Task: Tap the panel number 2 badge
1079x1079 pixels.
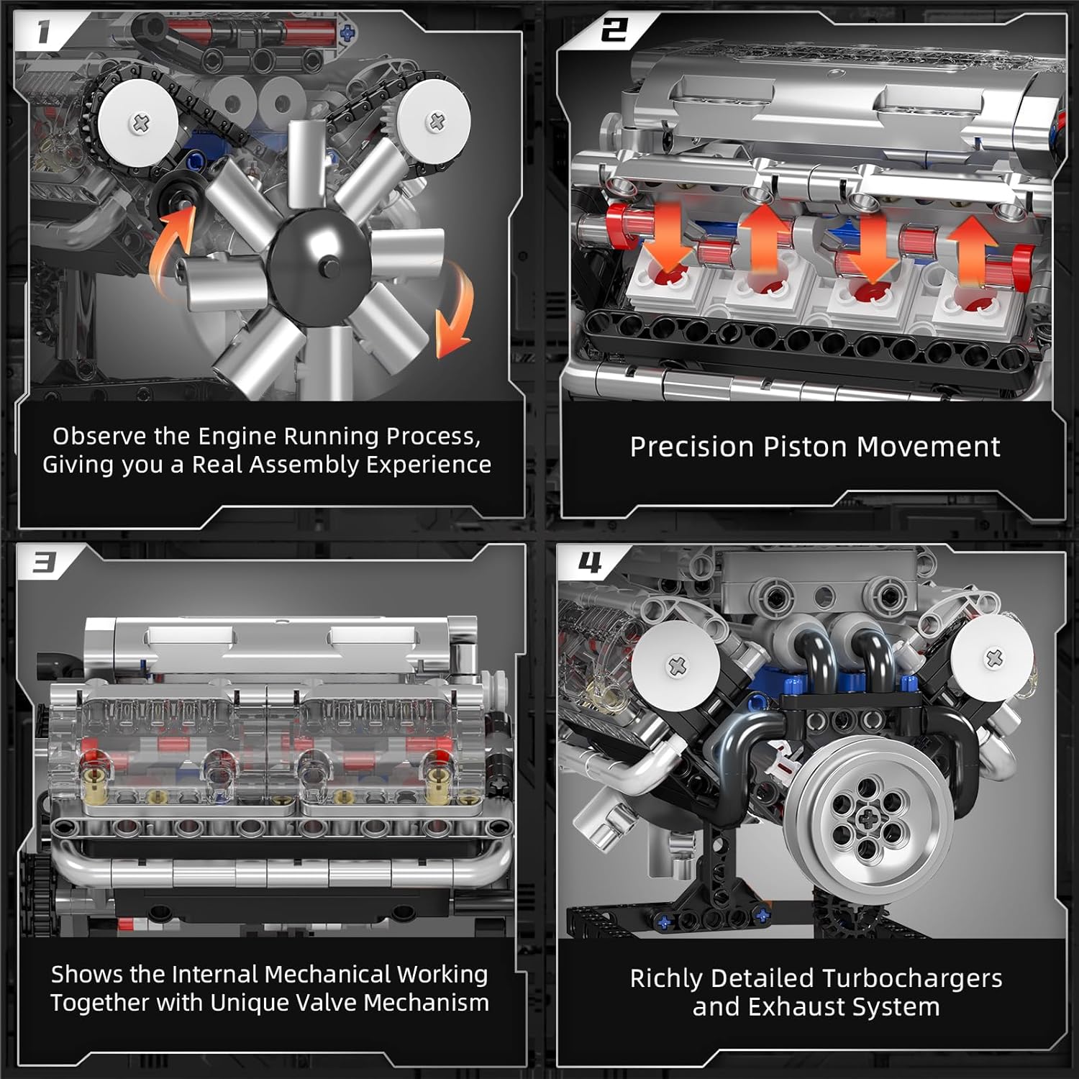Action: point(614,30)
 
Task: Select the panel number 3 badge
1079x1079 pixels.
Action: point(45,563)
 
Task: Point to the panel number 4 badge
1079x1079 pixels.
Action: point(590,563)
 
